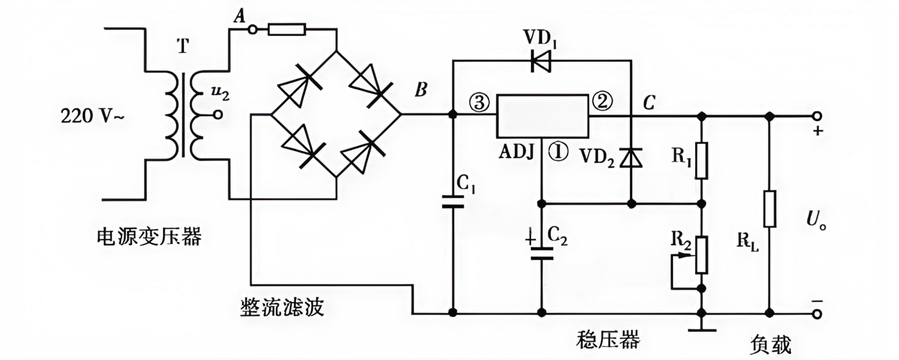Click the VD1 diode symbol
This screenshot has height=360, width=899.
coord(541,60)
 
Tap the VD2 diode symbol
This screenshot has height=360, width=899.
coord(631,157)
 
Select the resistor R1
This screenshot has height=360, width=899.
coord(701,161)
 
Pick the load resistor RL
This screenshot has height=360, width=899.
coord(770,209)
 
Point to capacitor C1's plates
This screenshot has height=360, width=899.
coord(453,200)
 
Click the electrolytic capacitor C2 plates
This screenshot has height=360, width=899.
coord(542,252)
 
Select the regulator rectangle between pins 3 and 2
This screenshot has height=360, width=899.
coord(542,115)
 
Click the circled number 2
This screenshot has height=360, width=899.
coord(603,102)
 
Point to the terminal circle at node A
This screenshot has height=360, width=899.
coord(252,29)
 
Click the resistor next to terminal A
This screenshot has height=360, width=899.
coord(287,29)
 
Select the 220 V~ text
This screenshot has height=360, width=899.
coord(91,116)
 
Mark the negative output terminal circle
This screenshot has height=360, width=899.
coord(816,313)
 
